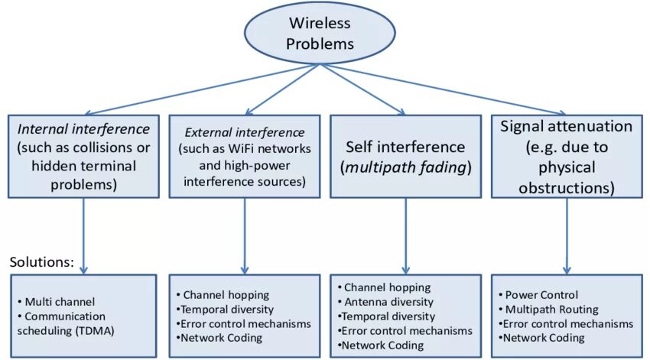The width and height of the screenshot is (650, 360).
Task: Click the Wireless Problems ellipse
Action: point(320,33)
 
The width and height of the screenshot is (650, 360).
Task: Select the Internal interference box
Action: point(83,156)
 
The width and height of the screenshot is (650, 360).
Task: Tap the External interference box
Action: point(245,156)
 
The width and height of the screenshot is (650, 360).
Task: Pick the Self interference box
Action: point(406,156)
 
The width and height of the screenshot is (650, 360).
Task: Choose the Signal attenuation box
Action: point(567,156)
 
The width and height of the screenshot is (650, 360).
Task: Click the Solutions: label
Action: point(41,262)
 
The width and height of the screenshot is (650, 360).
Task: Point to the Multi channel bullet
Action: point(57,302)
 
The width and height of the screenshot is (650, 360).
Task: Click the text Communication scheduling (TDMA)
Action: point(66,323)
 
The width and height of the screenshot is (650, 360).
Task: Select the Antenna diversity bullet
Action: point(385,302)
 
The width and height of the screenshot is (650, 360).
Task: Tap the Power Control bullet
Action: point(538,294)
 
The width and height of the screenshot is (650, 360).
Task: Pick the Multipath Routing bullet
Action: point(548,309)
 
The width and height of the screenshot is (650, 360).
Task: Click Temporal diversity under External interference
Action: point(225,309)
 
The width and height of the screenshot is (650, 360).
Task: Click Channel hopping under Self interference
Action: point(384,287)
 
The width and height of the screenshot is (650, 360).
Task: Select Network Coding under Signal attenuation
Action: point(542,338)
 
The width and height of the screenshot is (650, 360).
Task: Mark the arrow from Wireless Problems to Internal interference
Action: point(202,89)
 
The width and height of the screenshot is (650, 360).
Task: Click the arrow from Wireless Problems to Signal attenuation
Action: point(443,89)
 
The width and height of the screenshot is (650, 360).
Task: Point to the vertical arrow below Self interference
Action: point(406,235)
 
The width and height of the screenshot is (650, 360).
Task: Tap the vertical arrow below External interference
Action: point(245,235)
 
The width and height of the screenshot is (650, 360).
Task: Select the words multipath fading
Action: point(406,167)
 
